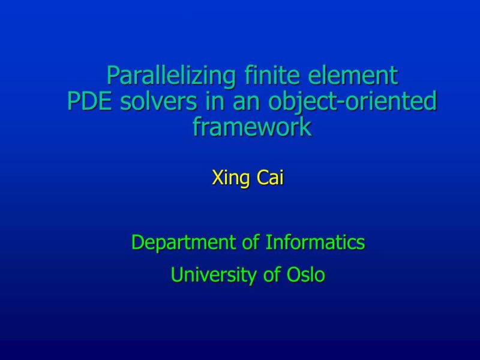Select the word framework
[x=252, y=127]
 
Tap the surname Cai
[x=271, y=178]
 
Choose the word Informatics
[x=316, y=242]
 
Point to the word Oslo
[x=306, y=275]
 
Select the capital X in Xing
[x=217, y=178]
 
